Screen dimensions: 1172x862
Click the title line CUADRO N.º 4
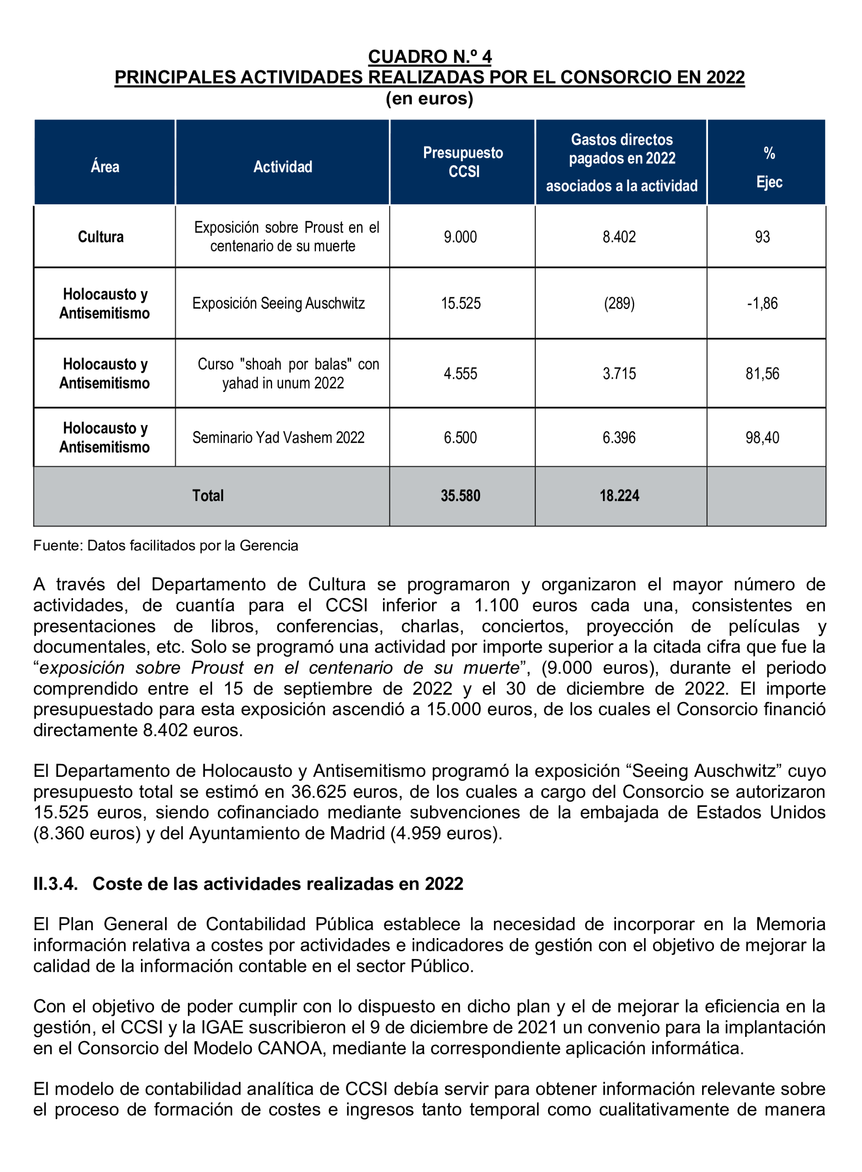[x=430, y=57]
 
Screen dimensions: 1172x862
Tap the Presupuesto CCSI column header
[x=463, y=162]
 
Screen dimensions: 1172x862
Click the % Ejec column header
[x=769, y=167]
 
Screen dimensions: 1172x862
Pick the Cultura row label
[x=101, y=237]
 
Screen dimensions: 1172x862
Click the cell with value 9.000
[x=460, y=237]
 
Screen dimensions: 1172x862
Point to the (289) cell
[x=619, y=303]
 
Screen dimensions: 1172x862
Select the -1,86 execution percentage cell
[x=762, y=303]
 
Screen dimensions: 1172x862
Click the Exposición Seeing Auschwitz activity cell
[x=278, y=303]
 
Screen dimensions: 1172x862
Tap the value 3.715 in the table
[x=619, y=374]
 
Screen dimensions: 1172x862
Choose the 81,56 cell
[x=762, y=374]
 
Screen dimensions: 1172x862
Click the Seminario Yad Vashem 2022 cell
[x=278, y=437]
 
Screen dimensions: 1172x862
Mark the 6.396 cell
[x=619, y=437]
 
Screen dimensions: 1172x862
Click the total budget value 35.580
[x=460, y=495]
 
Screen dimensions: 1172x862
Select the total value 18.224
[x=619, y=495]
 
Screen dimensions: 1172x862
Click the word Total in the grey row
[x=208, y=495]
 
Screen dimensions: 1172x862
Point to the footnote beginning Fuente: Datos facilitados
[x=165, y=545]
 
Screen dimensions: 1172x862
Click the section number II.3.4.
[x=55, y=884]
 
